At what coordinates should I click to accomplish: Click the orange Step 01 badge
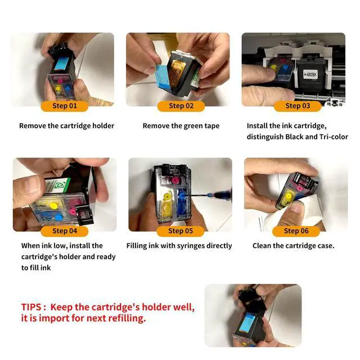pos(65,106)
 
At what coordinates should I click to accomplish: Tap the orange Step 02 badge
pos(181,106)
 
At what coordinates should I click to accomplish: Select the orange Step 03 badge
pos(298,106)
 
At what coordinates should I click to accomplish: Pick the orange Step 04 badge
pos(65,231)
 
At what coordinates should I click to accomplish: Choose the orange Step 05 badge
pos(181,231)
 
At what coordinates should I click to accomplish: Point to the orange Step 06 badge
pos(296,231)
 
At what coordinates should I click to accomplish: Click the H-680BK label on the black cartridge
pos(310,74)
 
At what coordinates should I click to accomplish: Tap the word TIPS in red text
pos(31,307)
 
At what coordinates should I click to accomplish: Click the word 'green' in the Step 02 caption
pos(192,126)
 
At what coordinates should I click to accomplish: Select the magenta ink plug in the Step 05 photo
pos(175,180)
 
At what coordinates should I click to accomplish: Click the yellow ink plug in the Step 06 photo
pos(288,196)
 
